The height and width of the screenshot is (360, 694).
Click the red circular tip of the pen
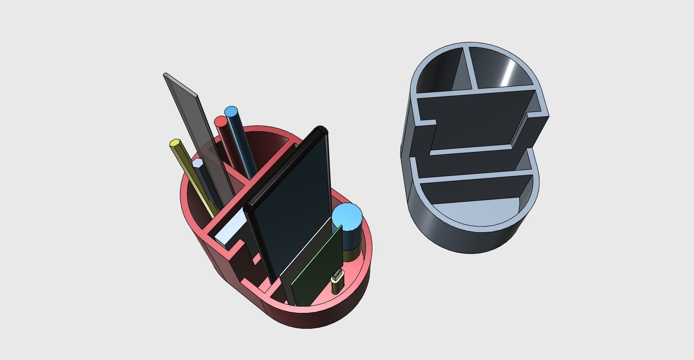pos(221,121)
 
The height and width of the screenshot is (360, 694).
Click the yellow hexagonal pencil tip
pos(175,143)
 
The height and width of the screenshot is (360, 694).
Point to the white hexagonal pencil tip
pos(198,163)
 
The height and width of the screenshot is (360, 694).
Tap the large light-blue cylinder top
pos(347,217)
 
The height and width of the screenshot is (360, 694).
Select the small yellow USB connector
pos(337,282)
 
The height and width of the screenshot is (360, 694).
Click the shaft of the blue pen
pos(243,145)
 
